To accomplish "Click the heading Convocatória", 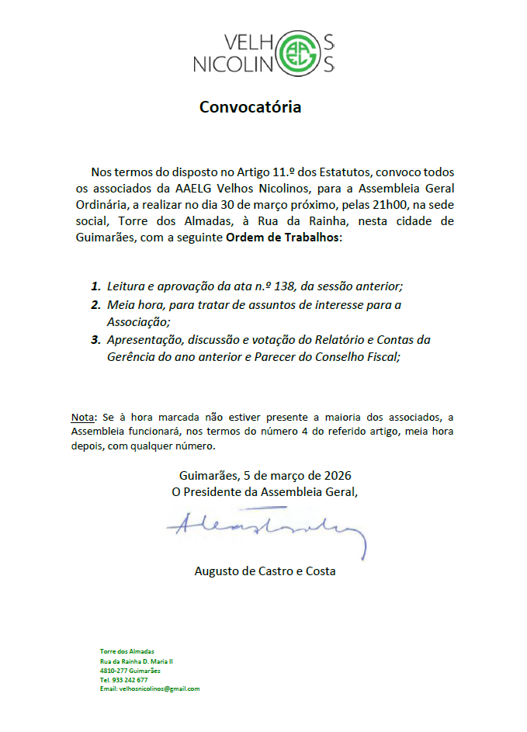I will tap(250, 107).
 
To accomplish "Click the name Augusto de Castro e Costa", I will tap(265, 571).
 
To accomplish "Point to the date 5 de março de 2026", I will tap(287, 475).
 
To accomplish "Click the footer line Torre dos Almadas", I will tap(127, 650).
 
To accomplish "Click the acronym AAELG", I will tap(194, 187).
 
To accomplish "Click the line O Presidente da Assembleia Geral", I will tap(265, 491).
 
